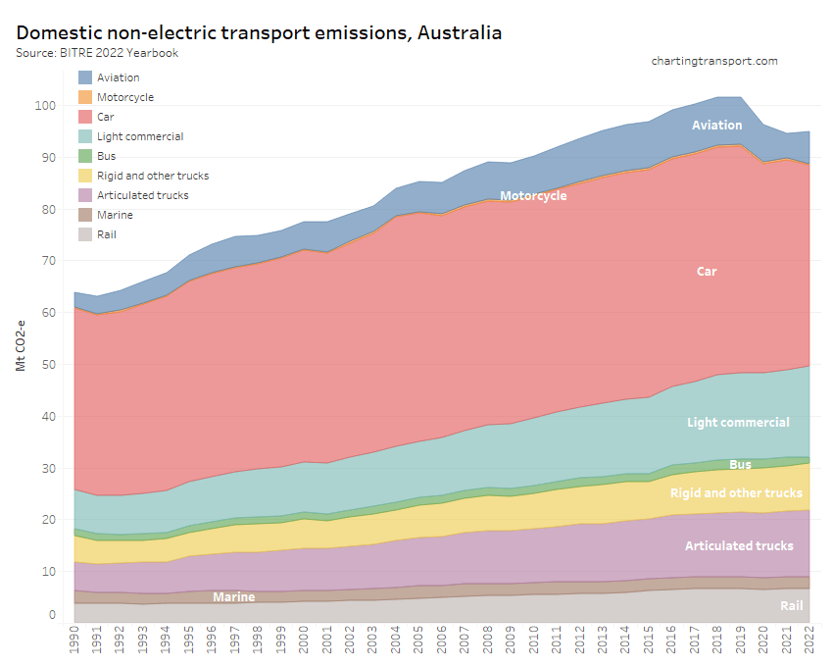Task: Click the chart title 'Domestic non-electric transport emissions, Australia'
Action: click(x=259, y=32)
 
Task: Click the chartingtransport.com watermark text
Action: click(x=714, y=61)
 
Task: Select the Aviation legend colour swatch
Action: click(x=85, y=77)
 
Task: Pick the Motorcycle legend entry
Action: click(x=125, y=97)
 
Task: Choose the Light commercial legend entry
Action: click(x=140, y=136)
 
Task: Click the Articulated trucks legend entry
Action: click(x=142, y=195)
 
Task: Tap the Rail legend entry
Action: click(x=108, y=234)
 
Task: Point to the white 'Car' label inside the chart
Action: click(x=707, y=271)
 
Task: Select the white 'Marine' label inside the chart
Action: click(x=233, y=596)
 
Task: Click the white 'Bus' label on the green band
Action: click(x=740, y=464)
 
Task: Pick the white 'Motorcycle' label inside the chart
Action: click(x=533, y=195)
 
